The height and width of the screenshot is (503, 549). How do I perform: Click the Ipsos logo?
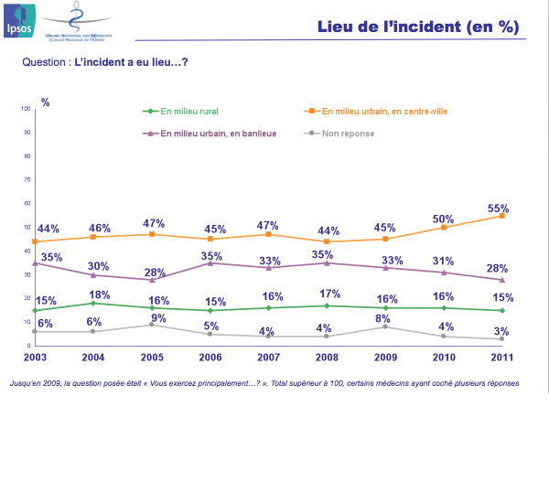coord(18,21)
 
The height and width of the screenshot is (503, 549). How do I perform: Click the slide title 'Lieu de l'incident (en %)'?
coord(417,27)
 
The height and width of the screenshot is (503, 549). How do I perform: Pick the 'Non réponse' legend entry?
coord(341,134)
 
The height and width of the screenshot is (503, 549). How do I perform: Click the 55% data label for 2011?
coord(498,209)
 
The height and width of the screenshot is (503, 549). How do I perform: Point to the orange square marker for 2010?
coord(444,227)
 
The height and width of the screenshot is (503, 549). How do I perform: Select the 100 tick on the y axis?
coord(25,109)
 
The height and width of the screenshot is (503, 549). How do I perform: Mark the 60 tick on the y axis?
coord(27,203)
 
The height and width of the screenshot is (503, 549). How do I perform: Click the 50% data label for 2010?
coord(444,219)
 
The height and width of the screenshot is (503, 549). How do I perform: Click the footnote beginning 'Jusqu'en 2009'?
coord(264,383)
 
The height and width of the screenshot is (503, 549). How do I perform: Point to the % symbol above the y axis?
coord(45,102)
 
